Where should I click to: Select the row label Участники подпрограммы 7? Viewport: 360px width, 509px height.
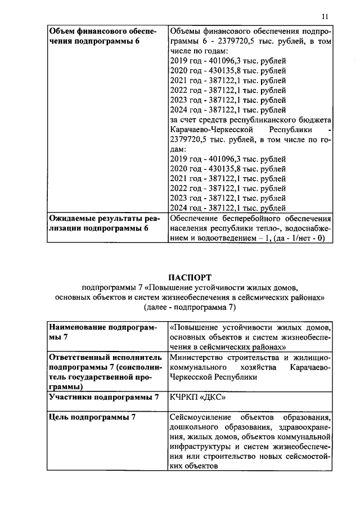pos(104,398)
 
